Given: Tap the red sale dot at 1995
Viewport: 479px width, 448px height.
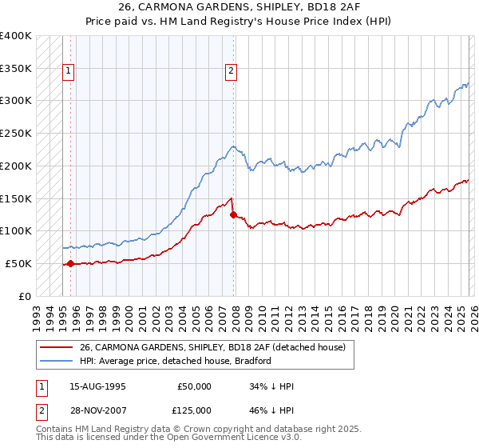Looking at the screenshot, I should (70, 263).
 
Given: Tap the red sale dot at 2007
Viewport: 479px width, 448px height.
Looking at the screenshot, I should (233, 214).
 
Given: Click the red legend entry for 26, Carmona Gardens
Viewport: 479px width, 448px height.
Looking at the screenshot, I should (212, 347).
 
